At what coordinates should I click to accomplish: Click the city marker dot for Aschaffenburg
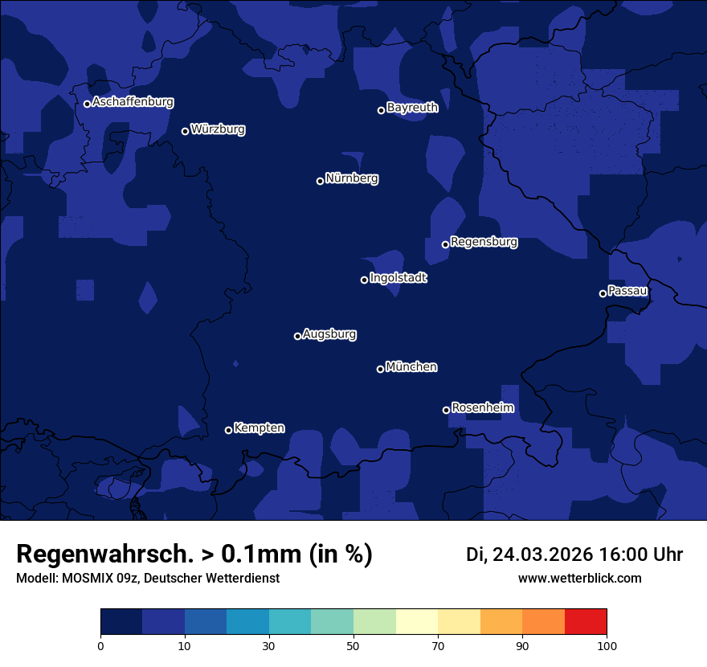[87, 104]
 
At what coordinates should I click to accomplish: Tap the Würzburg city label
[218, 129]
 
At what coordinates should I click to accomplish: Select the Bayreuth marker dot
[381, 110]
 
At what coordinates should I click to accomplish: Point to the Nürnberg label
[352, 178]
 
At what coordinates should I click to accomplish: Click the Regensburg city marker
[445, 244]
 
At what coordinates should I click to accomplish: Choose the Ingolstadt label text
[398, 278]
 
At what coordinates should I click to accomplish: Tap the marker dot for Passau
[603, 293]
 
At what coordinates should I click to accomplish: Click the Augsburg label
[329, 334]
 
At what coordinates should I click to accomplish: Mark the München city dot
[380, 369]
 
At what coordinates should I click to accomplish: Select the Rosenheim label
[482, 408]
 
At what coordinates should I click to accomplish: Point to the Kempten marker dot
[228, 430]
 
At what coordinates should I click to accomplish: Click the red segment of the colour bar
[586, 622]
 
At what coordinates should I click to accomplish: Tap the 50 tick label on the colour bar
[353, 646]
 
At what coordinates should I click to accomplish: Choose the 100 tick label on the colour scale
[607, 646]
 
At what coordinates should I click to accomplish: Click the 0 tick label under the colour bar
[100, 646]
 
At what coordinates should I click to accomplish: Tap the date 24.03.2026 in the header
[542, 554]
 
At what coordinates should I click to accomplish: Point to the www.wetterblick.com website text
[579, 579]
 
